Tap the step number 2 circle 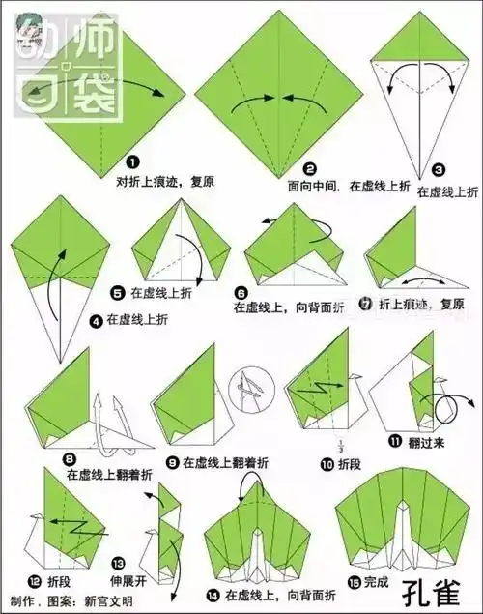[309, 165]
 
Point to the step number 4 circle [96, 318]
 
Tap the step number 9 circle [172, 461]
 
